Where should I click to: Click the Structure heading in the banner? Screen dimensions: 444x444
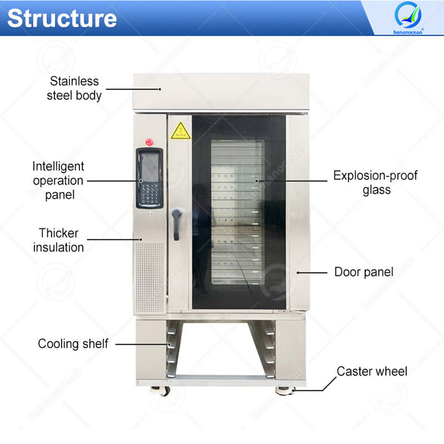click(x=62, y=18)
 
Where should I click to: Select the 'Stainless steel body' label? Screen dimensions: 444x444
click(x=74, y=89)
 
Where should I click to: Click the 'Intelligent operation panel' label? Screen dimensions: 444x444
click(x=58, y=180)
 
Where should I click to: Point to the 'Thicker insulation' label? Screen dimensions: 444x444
click(x=58, y=240)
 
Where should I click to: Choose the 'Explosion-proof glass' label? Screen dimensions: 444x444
click(x=375, y=183)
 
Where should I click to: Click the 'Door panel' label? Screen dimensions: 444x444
click(x=364, y=272)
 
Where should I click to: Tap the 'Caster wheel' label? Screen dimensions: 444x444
click(x=372, y=371)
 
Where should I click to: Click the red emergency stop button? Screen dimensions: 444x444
click(x=149, y=142)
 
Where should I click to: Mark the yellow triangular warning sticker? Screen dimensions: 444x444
click(x=180, y=132)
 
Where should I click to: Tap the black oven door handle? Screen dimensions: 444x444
click(x=176, y=224)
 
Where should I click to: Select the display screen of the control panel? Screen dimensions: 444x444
click(x=149, y=164)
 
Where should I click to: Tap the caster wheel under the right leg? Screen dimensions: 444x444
click(x=282, y=391)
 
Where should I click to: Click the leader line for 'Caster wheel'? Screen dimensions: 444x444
click(x=322, y=382)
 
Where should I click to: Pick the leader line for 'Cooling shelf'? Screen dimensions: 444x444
click(x=142, y=344)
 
